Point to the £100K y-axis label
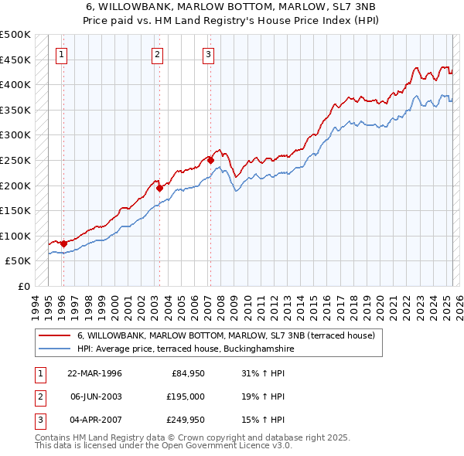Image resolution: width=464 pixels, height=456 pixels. (15, 236)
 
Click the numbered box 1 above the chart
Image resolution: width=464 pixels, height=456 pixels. (61, 54)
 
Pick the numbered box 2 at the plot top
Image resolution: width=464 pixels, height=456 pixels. (157, 54)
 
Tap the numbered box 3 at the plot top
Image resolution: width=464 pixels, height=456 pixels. (209, 54)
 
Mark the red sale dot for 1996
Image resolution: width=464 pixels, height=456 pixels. (63, 243)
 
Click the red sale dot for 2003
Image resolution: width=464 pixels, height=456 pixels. (159, 188)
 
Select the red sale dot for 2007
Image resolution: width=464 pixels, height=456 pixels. (210, 160)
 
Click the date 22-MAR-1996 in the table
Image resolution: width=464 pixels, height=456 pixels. (95, 373)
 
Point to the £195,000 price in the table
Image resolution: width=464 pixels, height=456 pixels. (183, 396)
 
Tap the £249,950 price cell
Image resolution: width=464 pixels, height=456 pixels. (183, 420)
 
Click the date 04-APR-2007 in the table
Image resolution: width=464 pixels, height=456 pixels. (95, 420)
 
